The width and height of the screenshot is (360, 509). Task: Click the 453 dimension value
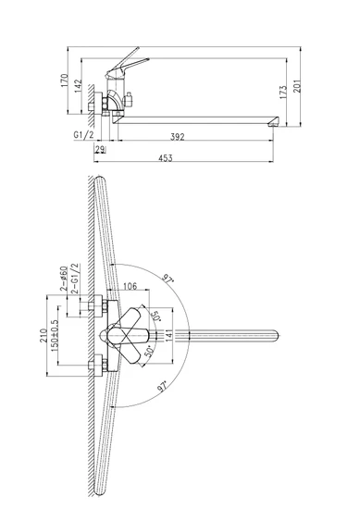click(166, 158)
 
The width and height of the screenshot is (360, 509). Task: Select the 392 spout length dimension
click(178, 137)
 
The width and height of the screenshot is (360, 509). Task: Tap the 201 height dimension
click(297, 86)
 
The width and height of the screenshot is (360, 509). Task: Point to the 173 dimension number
click(283, 93)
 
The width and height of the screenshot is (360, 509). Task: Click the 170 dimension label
click(65, 81)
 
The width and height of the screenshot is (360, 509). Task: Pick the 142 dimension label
click(79, 86)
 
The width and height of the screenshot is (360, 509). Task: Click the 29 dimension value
click(100, 150)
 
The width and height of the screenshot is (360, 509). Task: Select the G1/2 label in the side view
click(83, 135)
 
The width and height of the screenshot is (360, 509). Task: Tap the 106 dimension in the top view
click(130, 286)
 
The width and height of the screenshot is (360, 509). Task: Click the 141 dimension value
click(168, 335)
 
